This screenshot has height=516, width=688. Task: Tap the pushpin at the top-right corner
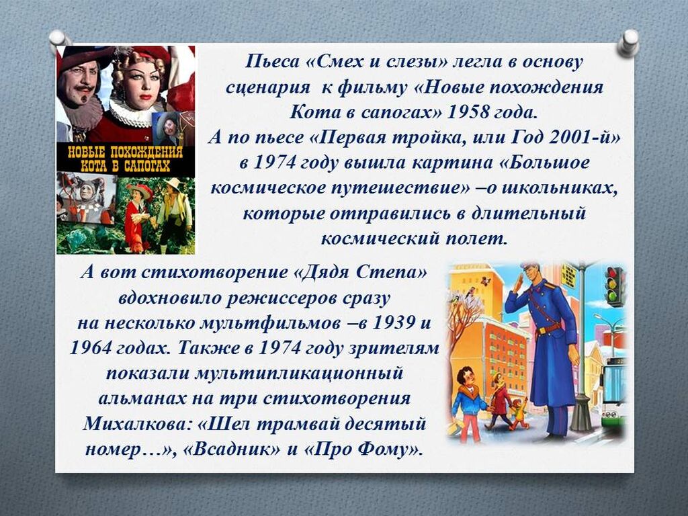click(628, 42)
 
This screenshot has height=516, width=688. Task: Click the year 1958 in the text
click(468, 112)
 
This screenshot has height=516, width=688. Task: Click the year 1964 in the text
click(91, 348)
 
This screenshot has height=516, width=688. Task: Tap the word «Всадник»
click(231, 449)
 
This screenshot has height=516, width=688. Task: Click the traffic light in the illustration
click(614, 286)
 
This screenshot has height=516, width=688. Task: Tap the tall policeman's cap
click(529, 265)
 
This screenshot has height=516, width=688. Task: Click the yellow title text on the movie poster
click(126, 159)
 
